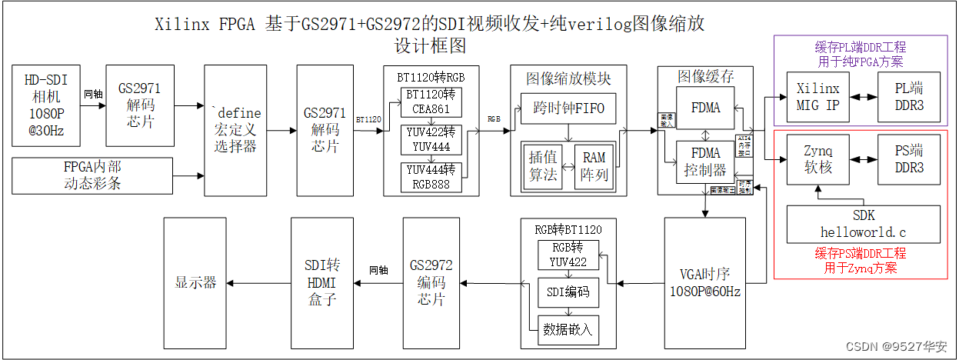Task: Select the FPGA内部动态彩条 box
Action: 93,175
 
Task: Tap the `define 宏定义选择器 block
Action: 235,130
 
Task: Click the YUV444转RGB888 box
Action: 431,177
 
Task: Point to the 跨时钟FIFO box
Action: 568,108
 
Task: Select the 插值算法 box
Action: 543,165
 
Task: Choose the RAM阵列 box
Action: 594,165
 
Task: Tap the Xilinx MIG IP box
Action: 817,98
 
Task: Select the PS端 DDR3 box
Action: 909,159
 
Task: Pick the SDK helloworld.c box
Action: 863,224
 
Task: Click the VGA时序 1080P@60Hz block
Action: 704,282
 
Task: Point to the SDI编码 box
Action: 568,292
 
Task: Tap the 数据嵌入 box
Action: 568,329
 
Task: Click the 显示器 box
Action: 196,282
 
